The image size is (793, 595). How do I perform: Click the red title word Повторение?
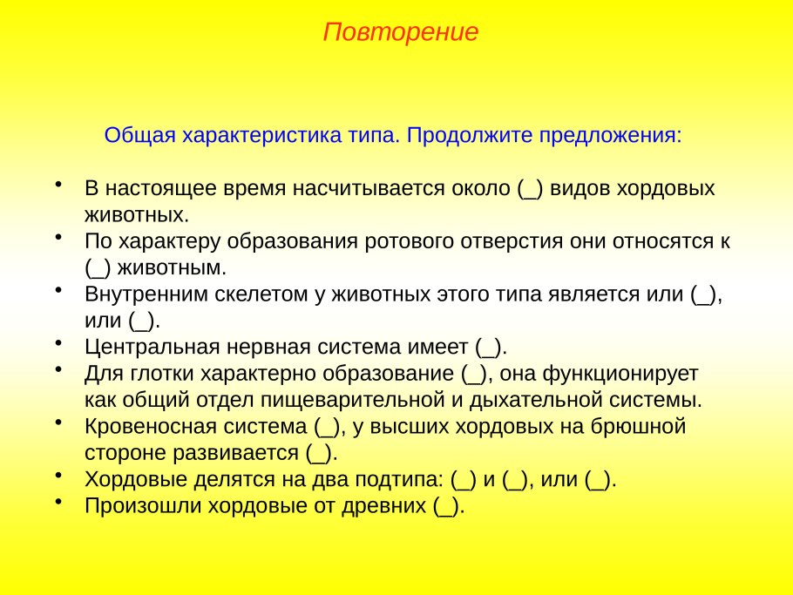[401, 32]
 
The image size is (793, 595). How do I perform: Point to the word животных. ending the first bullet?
[137, 215]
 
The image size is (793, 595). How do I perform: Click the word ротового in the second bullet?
[410, 241]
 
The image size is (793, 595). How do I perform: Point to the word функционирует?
[620, 375]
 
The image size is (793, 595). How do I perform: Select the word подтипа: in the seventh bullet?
[399, 479]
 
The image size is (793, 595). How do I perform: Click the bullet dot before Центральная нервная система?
[58, 342]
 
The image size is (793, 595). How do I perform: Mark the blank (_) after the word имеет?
[488, 348]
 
